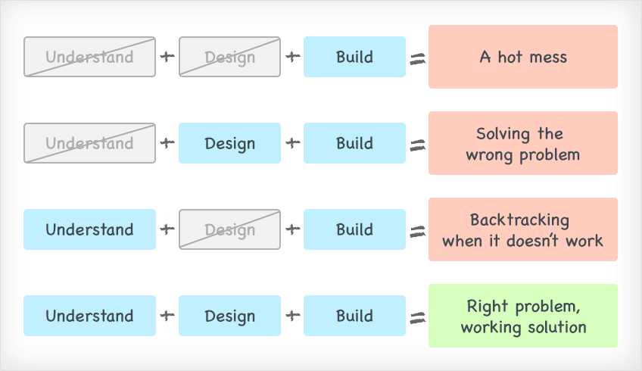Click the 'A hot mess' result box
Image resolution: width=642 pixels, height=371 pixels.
[x=523, y=57]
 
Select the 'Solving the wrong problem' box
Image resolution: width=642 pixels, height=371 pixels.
[x=523, y=143]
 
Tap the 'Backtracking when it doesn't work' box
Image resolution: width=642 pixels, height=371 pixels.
[x=523, y=229]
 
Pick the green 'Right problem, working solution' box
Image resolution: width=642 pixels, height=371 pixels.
[x=523, y=316]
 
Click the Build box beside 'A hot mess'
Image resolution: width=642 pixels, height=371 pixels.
[x=354, y=57]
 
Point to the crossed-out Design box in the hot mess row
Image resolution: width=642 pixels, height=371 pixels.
[x=229, y=57]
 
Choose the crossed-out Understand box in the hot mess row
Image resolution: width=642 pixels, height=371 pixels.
[x=89, y=57]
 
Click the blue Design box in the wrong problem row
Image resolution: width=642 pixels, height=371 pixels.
[x=229, y=143]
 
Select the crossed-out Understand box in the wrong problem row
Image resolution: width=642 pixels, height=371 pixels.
[x=89, y=143]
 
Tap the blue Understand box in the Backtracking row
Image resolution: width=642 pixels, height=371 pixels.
[x=89, y=229]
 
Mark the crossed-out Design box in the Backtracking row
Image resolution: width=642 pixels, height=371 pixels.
[x=229, y=229]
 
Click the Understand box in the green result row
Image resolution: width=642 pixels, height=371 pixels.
[x=89, y=316]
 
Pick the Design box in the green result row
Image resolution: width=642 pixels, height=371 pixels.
[x=229, y=316]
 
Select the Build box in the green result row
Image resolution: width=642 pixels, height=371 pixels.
[x=354, y=316]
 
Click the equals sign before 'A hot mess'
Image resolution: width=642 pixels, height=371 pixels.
[x=418, y=59]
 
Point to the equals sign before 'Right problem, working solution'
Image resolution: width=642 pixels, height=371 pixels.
[x=418, y=318]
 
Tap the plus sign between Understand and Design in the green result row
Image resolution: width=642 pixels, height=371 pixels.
[x=167, y=315]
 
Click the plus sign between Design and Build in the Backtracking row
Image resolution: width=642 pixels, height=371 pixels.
[x=293, y=229]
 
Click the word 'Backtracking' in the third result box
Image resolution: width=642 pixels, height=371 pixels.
[x=519, y=220]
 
